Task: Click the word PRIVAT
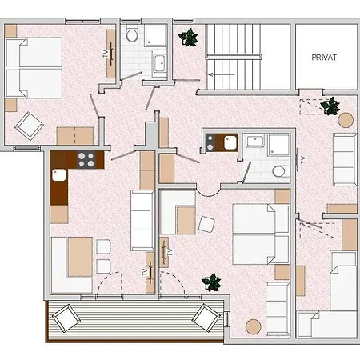324,58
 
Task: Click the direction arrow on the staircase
222,74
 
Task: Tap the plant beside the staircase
189,38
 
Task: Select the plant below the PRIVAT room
330,106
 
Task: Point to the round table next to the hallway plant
346,120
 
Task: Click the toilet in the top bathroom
132,34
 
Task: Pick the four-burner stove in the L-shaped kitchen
86,159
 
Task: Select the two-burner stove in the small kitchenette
210,142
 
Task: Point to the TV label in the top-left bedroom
105,54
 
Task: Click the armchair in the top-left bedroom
29,126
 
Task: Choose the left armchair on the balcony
66,318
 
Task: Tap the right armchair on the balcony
206,318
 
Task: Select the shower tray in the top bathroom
155,35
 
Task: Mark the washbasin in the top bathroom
160,63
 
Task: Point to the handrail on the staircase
234,56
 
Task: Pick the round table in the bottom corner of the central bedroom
254,326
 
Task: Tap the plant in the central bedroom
211,282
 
